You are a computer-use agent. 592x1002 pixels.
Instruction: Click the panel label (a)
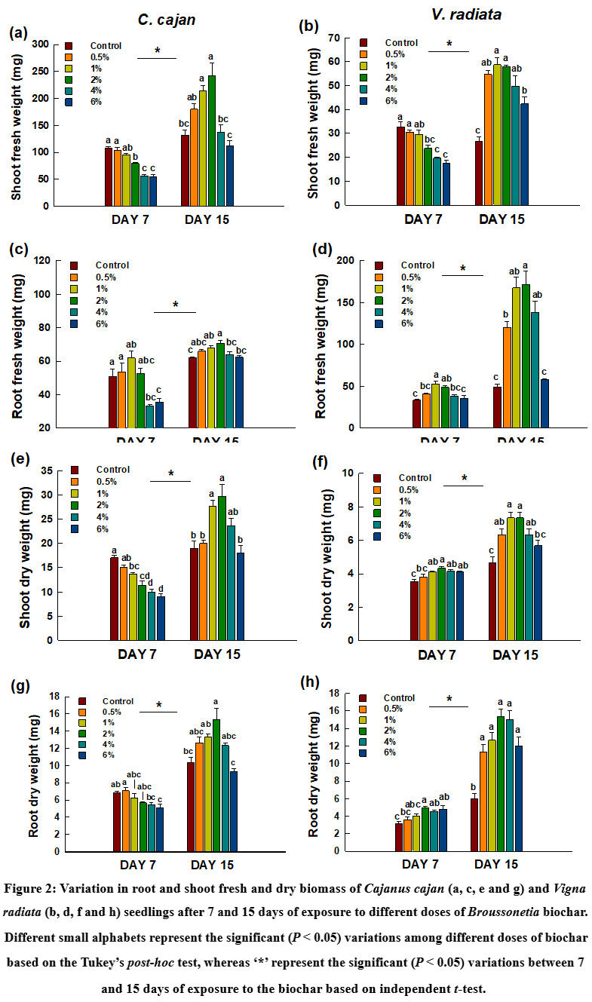tap(18, 33)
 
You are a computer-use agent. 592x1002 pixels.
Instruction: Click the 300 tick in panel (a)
tap(45, 44)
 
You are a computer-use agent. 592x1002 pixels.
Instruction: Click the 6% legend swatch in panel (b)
tap(363, 100)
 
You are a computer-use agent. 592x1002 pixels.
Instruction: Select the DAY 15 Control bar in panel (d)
tap(497, 407)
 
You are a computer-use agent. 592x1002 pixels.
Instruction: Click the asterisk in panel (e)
tap(171, 474)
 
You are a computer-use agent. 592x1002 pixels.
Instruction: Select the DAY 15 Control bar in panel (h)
tap(474, 825)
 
